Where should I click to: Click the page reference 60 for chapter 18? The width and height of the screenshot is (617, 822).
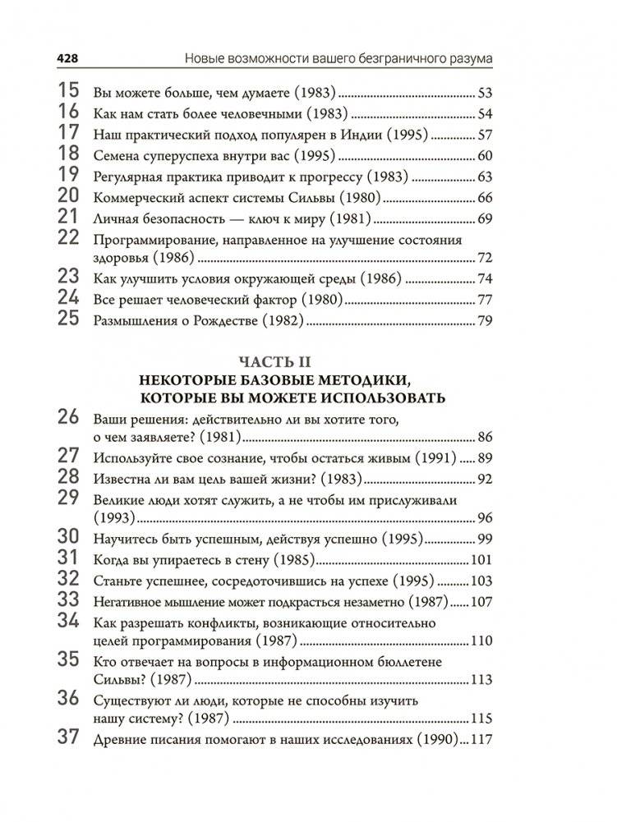pos(483,156)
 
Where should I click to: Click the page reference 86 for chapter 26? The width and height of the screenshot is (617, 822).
pos(483,436)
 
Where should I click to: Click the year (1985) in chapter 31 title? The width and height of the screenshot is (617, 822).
pos(288,560)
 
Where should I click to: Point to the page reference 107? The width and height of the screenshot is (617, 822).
pos(479,602)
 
